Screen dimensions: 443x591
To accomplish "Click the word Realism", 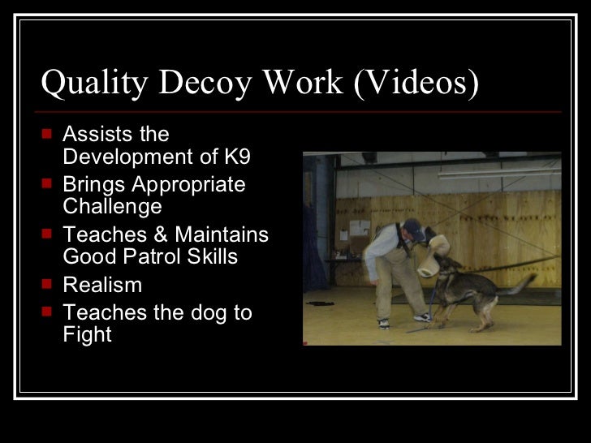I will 102,285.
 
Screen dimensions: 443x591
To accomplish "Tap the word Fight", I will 87,333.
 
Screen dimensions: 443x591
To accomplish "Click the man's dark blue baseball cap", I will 413,228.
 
